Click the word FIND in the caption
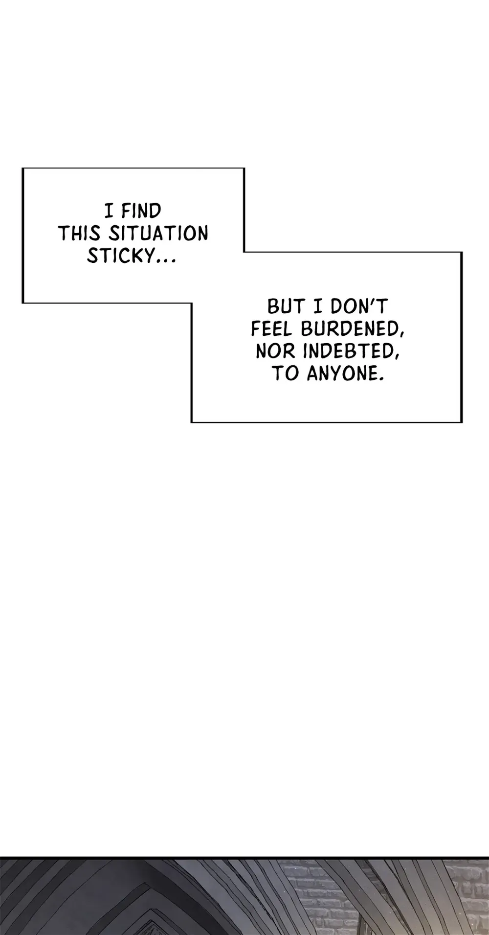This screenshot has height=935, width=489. pos(141,211)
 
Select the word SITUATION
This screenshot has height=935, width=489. pos(158,234)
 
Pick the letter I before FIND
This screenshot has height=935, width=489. pos(110,211)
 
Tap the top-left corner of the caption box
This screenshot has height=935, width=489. pos(22,168)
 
